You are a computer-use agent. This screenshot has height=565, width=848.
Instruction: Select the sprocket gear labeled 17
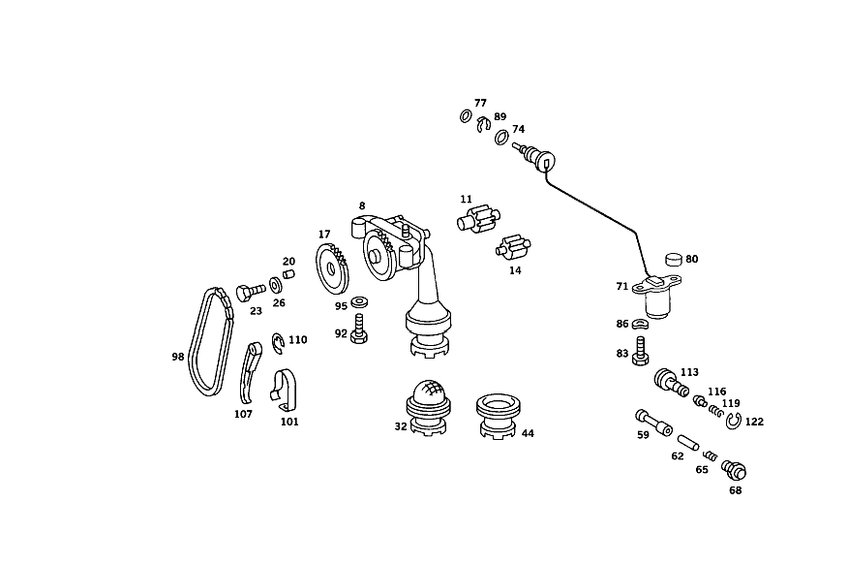coord(331,268)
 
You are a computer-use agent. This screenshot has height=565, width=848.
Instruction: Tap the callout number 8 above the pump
coord(362,205)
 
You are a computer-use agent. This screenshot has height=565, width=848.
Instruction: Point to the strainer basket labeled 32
coord(429,407)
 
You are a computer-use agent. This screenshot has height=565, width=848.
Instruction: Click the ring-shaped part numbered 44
coord(499,416)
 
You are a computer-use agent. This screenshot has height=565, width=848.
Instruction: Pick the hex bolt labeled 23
coord(251,293)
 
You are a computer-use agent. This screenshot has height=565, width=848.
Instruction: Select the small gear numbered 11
coord(479,219)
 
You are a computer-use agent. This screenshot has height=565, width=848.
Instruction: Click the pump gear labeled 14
coord(513,248)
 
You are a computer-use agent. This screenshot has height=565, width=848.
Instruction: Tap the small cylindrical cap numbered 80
coord(674,260)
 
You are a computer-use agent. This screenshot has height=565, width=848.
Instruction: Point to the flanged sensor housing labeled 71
coord(656,297)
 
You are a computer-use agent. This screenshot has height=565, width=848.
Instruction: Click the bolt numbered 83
coord(640,351)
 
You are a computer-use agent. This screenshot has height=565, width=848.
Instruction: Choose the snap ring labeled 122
coord(734,421)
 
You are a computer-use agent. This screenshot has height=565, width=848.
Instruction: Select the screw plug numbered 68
coord(734,470)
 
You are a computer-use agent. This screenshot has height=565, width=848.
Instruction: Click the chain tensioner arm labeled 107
coord(247,372)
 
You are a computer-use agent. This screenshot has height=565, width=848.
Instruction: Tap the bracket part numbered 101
coord(284,391)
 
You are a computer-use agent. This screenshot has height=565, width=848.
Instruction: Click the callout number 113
coord(689,372)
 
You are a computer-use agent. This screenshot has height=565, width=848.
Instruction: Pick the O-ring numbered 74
coord(501,137)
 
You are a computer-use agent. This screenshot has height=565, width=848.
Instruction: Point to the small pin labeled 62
coord(689,441)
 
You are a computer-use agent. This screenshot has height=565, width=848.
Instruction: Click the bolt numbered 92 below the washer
coord(358,330)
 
